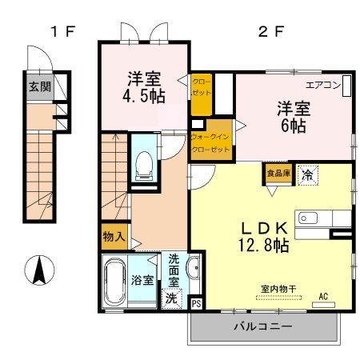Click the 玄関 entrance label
(36, 86)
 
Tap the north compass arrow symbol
(38, 270)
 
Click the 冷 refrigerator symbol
(307, 174)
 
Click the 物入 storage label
(113, 237)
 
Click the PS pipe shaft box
(197, 304)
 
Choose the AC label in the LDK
(324, 296)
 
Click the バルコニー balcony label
(262, 326)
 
